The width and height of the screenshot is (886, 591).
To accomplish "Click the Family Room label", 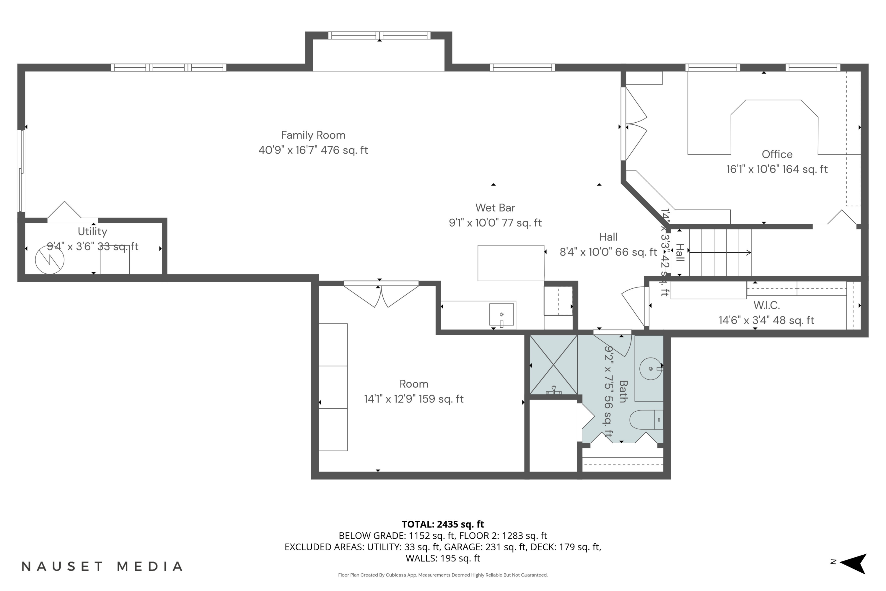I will click(313, 135).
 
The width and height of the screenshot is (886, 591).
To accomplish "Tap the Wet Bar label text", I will click(495, 208).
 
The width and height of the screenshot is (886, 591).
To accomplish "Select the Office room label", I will click(777, 154).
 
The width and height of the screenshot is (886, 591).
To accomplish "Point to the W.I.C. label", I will click(766, 305).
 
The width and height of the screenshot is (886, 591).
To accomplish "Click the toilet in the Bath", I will click(645, 420).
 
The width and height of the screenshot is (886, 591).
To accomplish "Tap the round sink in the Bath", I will click(650, 368).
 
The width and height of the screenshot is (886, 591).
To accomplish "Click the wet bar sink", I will click(501, 314).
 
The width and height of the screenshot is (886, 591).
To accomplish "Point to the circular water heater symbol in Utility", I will click(50, 259).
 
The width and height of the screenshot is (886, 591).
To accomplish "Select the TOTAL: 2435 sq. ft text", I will click(443, 524).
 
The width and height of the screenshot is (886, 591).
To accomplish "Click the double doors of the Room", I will click(381, 295).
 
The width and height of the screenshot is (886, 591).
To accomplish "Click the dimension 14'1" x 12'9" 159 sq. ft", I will click(414, 399).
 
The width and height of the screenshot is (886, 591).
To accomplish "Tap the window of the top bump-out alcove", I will click(379, 35).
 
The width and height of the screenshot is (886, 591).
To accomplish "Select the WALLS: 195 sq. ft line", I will click(443, 558).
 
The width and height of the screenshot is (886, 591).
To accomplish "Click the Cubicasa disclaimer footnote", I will click(443, 575).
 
